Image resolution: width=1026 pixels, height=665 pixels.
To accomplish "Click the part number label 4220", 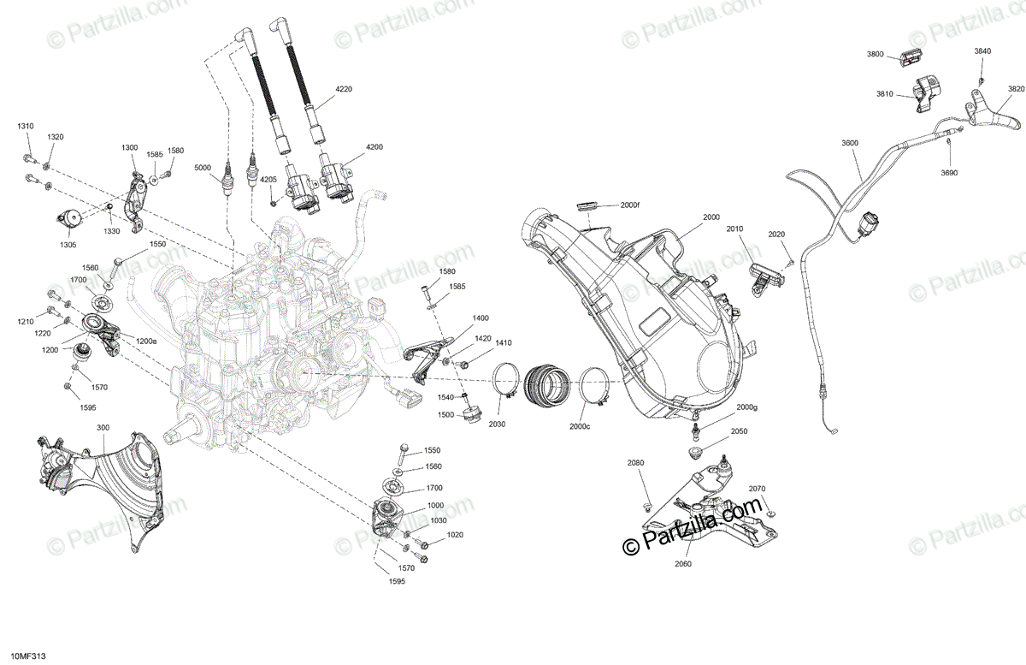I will [x=344, y=89].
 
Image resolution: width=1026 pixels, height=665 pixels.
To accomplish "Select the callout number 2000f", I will [x=630, y=205].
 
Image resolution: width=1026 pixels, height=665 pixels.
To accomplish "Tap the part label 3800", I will [x=875, y=54].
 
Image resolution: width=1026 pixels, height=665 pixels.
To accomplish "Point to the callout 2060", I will [x=682, y=564].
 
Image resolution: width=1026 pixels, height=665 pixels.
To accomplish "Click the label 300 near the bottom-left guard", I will [x=103, y=428].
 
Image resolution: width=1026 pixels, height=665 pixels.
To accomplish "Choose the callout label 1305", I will [x=68, y=244].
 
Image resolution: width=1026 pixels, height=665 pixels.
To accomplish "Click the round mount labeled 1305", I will [x=69, y=218].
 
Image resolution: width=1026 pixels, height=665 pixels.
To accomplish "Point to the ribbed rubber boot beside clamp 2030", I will [x=547, y=383].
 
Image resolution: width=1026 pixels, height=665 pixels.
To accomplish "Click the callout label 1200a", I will [x=146, y=341].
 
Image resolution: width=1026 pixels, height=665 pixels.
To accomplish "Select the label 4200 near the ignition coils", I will [x=374, y=147].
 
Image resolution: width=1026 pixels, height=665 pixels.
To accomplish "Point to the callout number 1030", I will [x=438, y=520].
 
